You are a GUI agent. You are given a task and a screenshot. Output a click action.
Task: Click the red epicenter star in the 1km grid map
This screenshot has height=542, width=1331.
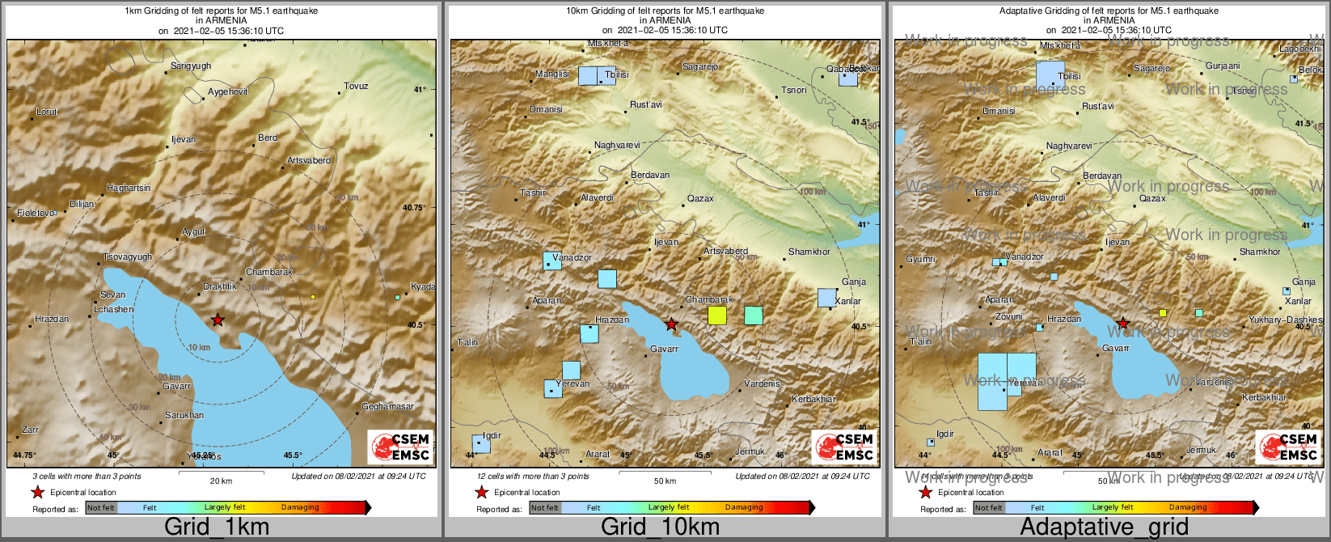pyautogui.click(x=218, y=320)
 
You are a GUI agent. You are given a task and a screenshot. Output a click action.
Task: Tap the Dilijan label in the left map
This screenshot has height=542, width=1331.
pyautogui.click(x=82, y=204)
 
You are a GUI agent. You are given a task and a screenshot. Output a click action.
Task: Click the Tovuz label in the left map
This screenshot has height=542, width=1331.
pyautogui.click(x=356, y=86)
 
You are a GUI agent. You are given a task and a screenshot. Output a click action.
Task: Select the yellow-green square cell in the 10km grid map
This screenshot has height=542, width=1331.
pyautogui.click(x=717, y=315)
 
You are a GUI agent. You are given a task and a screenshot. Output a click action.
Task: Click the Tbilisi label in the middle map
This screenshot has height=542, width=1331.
pyautogui.click(x=617, y=74)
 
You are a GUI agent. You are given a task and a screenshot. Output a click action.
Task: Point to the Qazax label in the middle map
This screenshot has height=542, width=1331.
pyautogui.click(x=700, y=198)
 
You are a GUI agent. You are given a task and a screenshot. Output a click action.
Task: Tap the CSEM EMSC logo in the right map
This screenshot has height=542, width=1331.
pyautogui.click(x=1287, y=447)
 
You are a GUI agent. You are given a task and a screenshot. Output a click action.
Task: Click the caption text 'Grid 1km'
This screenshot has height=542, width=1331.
pyautogui.click(x=217, y=527)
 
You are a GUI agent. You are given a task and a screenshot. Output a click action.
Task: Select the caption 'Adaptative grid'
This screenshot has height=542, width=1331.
pyautogui.click(x=1104, y=527)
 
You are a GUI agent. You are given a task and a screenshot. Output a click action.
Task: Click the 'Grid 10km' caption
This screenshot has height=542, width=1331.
pyautogui.click(x=660, y=527)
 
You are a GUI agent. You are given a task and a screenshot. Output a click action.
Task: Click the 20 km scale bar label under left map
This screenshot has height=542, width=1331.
pyautogui.click(x=221, y=481)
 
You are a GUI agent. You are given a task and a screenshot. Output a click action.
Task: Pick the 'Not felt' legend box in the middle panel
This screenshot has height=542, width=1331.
pyautogui.click(x=544, y=508)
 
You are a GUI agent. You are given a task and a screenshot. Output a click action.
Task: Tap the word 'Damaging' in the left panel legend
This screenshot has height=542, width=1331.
pyautogui.click(x=300, y=507)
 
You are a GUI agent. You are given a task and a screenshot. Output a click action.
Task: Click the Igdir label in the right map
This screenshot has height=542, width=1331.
pyautogui.click(x=945, y=434)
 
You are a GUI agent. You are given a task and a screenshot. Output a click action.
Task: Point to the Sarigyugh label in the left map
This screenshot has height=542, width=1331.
pyautogui.click(x=191, y=66)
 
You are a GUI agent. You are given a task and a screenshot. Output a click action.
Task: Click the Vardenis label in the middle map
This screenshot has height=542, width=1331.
pyautogui.click(x=762, y=383)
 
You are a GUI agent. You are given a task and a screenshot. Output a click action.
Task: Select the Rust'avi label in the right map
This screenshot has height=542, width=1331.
pyautogui.click(x=1098, y=106)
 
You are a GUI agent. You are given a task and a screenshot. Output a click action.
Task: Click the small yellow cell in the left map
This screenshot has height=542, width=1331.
pyautogui.click(x=313, y=297)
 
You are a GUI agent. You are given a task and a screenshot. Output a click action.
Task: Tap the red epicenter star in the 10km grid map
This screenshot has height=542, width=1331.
pyautogui.click(x=671, y=324)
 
